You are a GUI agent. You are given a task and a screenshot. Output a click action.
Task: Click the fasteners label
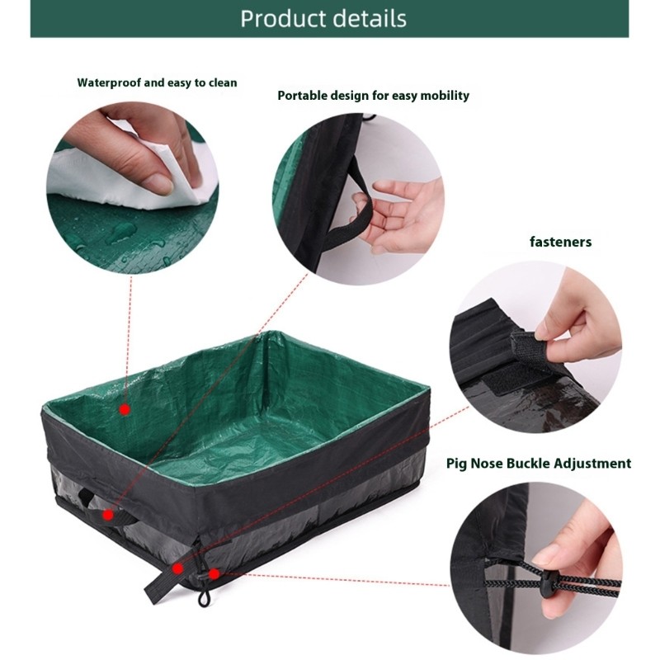(x=560, y=242)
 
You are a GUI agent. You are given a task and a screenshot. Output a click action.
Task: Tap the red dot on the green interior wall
(x=125, y=408)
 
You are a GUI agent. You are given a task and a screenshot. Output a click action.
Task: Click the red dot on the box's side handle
(x=108, y=515)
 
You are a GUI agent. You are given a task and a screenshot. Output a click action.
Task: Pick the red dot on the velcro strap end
(x=177, y=568)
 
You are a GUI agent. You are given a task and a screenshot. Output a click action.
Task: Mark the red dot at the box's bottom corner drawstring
(x=214, y=573)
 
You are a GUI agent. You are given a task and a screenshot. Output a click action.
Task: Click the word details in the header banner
(x=368, y=18)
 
